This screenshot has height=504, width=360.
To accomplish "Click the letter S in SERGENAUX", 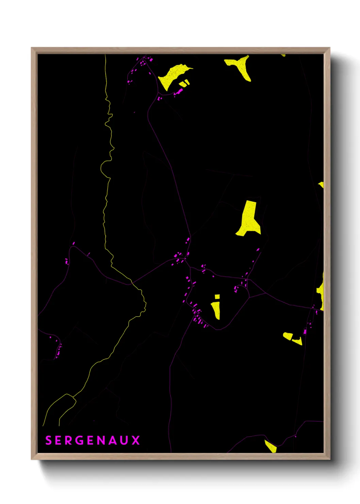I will (x=49, y=440).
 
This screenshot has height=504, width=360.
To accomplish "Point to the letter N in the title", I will (x=102, y=440).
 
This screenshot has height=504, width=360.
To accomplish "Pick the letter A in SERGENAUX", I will (x=114, y=440).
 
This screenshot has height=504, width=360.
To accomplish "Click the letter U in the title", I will (x=125, y=440).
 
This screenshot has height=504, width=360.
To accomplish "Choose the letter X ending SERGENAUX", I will (x=136, y=440).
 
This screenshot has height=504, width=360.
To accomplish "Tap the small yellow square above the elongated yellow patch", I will (x=217, y=297).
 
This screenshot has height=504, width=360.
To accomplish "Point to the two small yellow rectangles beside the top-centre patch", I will (x=184, y=83).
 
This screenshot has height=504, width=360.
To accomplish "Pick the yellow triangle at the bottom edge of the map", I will (x=271, y=446).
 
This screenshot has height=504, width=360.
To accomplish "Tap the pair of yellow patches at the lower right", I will (x=292, y=338).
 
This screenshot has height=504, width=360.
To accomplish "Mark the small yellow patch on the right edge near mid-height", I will (x=322, y=185).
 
